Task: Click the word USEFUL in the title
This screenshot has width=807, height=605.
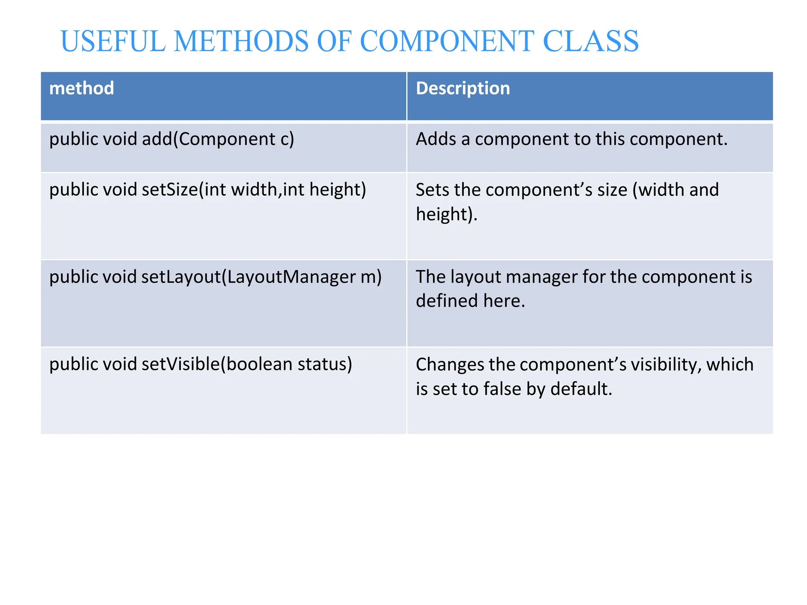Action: pos(113,41)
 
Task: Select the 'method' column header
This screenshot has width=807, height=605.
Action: pos(82,88)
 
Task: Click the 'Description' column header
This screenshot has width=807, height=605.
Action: pos(463,88)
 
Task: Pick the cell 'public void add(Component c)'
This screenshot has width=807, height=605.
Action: pos(171,139)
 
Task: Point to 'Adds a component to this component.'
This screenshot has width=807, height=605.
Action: pos(571,139)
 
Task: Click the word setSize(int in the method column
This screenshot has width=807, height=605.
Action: pos(184,189)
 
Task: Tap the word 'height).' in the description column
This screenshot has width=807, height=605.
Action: pos(446,214)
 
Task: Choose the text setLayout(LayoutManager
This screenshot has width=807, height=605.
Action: pos(248,277)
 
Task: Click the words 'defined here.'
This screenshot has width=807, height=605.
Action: pos(470,301)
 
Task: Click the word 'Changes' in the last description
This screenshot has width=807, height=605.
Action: pos(450,364)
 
